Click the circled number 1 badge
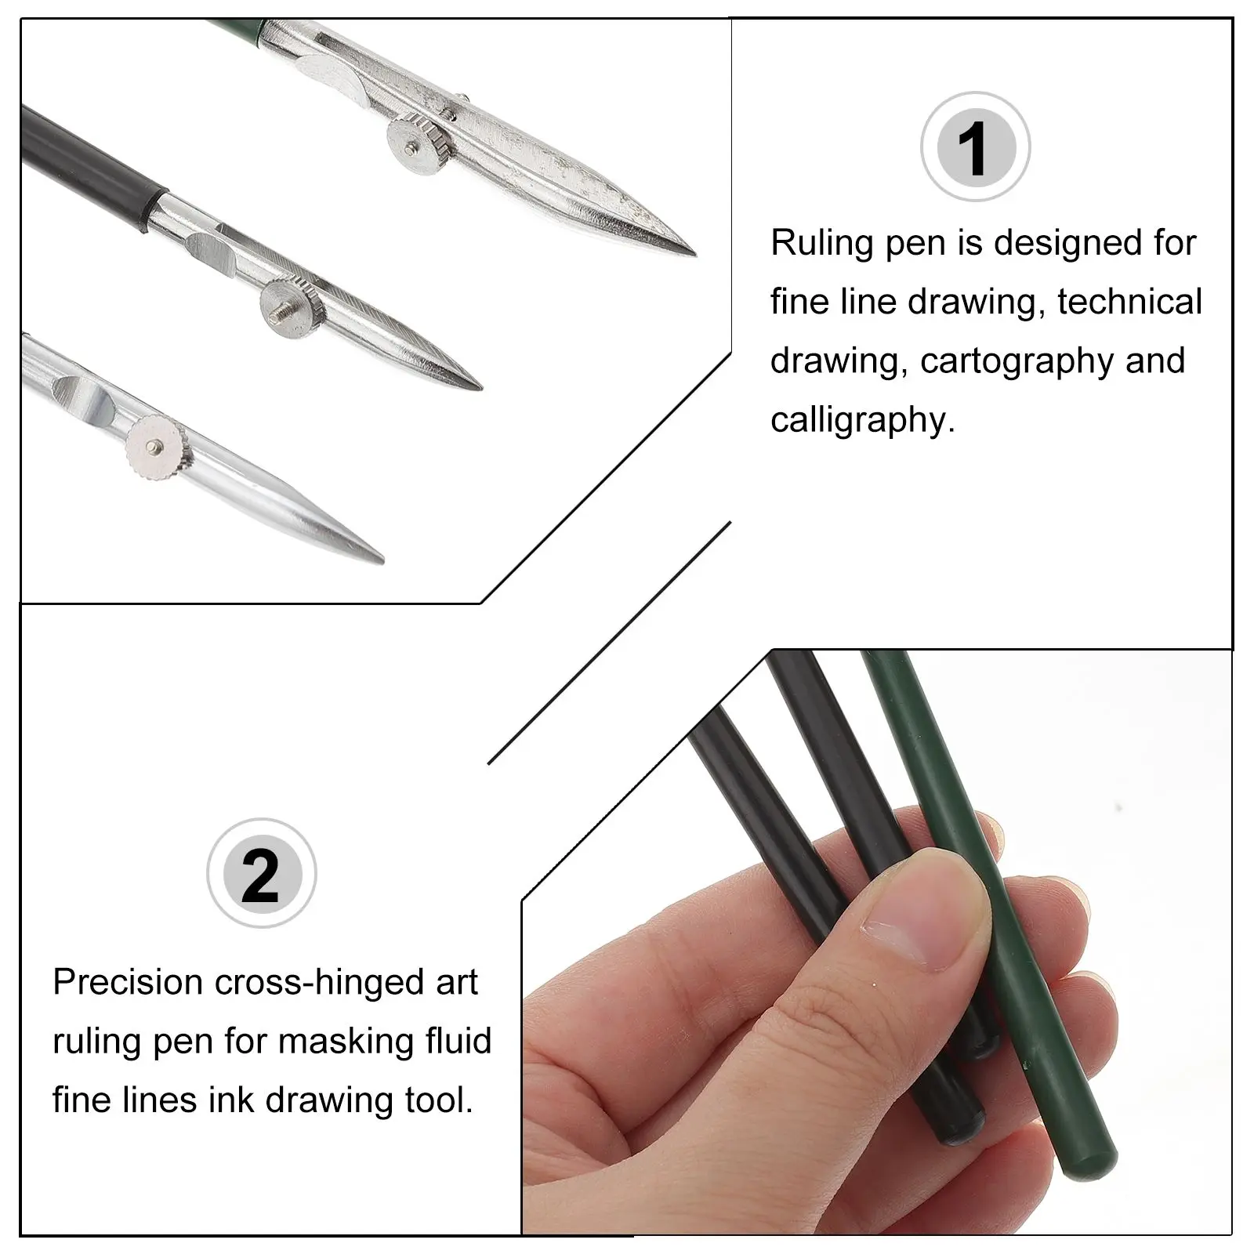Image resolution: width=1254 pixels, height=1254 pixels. coord(974,147)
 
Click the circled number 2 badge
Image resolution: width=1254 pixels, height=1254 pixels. coord(261,873)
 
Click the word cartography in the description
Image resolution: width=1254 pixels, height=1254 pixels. coord(1017,361)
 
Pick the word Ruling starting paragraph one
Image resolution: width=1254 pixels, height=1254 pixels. coord(821,243)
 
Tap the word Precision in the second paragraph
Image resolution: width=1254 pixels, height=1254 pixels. coord(128,982)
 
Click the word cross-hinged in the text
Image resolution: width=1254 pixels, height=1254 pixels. coord(317,982)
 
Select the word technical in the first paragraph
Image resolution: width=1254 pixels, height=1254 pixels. coord(1129,303)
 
